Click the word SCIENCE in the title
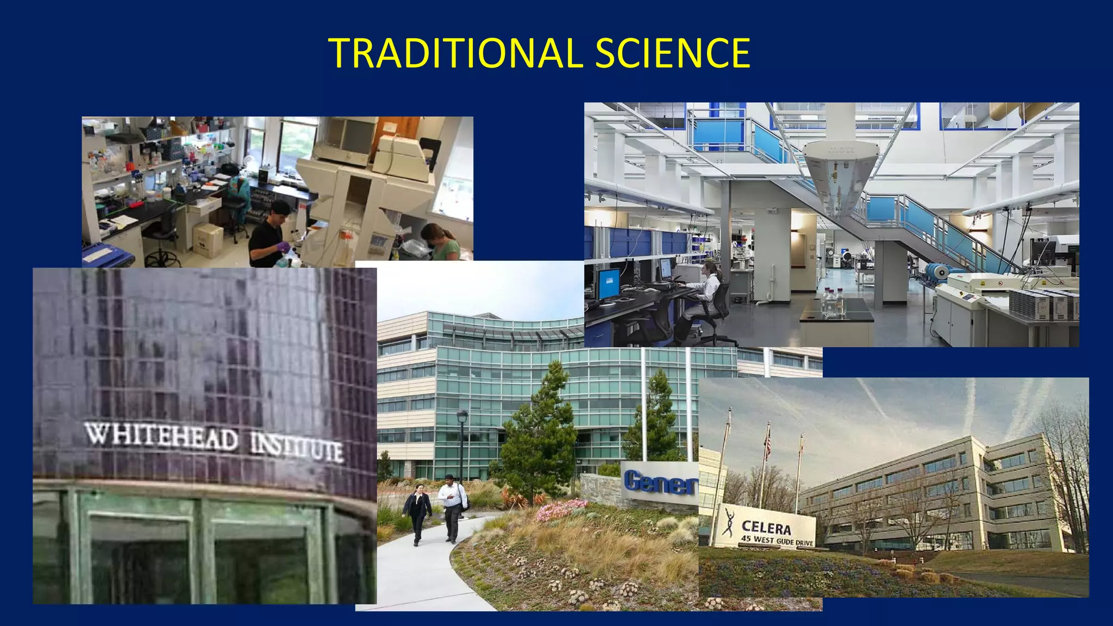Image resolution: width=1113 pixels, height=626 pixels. tap(672, 53)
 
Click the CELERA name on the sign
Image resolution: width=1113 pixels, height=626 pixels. tap(766, 527)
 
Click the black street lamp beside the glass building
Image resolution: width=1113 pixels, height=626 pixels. tap(462, 435)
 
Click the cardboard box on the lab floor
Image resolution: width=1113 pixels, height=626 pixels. tap(208, 240)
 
